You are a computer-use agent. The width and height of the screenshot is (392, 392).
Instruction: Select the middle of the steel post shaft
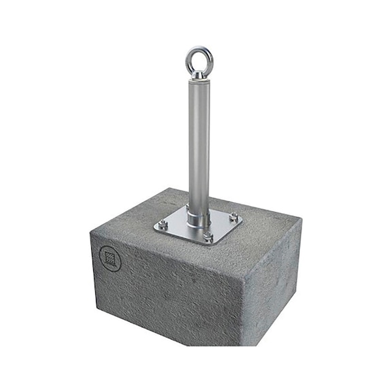198,143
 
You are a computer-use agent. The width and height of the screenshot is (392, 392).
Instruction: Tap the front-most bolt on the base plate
208,238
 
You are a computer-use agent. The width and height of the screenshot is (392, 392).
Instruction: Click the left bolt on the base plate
163,225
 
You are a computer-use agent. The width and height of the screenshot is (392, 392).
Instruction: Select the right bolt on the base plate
233,218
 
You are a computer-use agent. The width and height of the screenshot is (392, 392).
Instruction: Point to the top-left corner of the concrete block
91,232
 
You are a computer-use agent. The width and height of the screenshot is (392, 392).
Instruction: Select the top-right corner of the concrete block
299,219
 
